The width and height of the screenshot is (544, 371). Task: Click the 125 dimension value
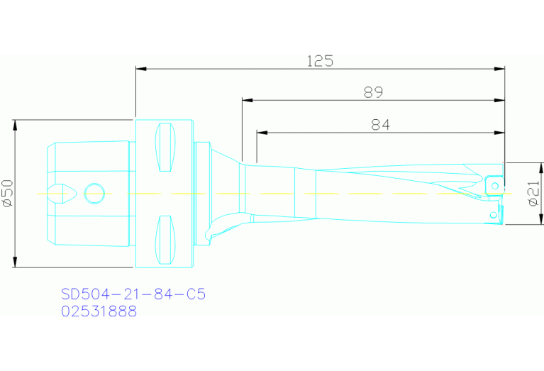point(320,61)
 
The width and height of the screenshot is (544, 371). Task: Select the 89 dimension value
point(373,92)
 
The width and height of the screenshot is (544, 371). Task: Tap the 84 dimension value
point(381,125)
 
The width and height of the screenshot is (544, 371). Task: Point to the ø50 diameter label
point(8,193)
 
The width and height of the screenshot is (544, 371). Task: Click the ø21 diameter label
point(534,192)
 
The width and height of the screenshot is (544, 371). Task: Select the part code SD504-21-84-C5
point(133,294)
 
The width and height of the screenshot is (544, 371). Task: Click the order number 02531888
point(99,311)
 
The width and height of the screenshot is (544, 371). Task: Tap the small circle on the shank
point(94,192)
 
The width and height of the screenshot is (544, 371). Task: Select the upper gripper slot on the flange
point(166,148)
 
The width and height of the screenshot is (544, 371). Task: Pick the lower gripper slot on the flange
point(166,238)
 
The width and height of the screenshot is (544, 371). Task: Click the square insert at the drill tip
point(493,183)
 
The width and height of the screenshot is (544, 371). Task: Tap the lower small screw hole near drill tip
point(492,214)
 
